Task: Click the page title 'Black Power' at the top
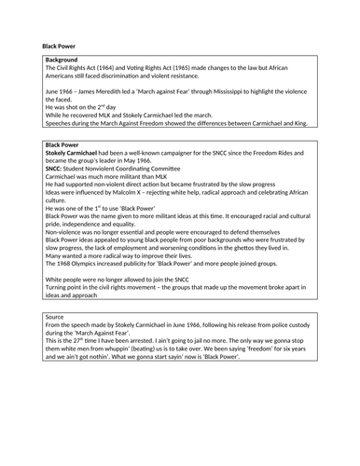click(x=59, y=45)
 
